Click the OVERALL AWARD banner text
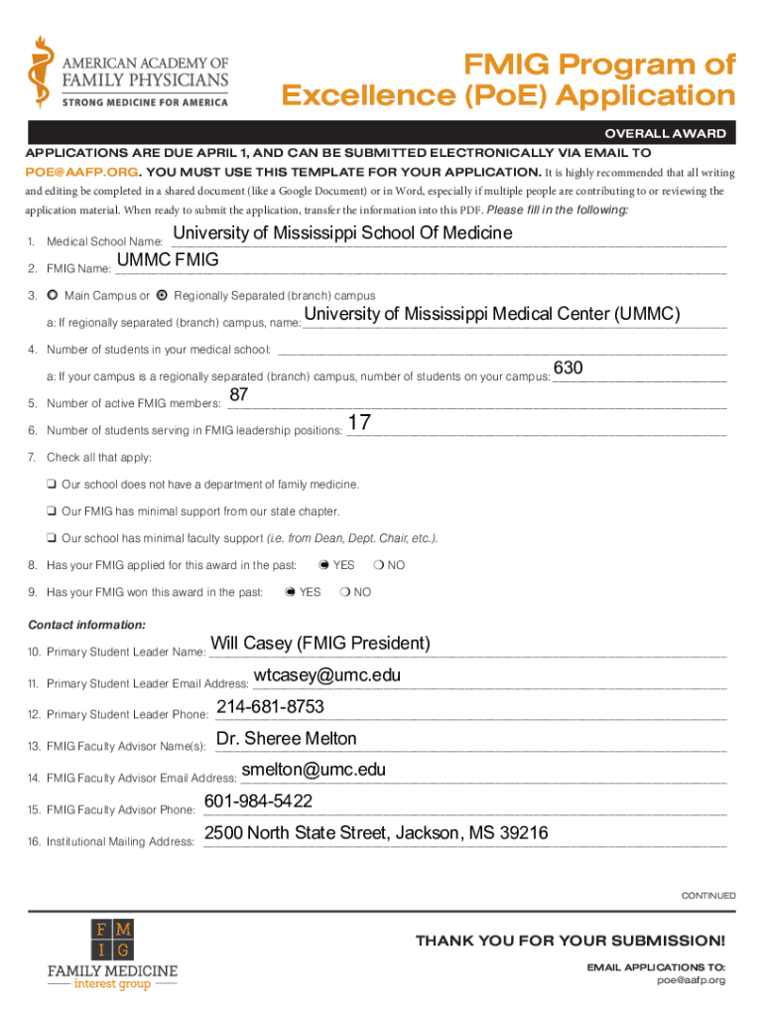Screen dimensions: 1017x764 665,134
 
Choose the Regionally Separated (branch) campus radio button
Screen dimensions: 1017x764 163,296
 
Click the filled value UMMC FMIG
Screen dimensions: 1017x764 168,261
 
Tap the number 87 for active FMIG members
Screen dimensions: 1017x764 239,396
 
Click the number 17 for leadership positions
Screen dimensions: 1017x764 360,423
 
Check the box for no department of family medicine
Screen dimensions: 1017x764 51,485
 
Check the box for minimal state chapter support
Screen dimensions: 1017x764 51,511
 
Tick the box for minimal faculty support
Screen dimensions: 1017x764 51,538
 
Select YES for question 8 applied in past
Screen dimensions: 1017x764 323,565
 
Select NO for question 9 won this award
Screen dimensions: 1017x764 343,592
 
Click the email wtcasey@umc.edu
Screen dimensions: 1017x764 327,675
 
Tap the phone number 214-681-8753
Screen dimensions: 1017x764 270,707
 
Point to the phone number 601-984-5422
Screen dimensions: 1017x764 258,801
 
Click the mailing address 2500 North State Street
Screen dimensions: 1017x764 376,833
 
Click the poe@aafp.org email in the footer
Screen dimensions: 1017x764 692,980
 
